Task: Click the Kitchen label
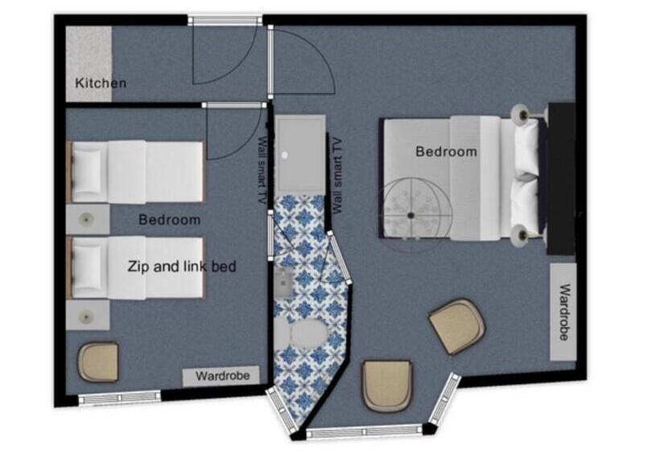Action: tap(101, 83)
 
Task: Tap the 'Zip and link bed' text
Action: tap(182, 267)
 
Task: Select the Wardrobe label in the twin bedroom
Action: tap(223, 375)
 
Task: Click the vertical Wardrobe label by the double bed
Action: tap(564, 312)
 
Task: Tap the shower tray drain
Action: tap(285, 155)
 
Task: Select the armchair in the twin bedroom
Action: tap(98, 362)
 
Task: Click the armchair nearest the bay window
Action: tap(387, 385)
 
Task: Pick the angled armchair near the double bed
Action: tap(457, 326)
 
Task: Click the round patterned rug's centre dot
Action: tap(410, 216)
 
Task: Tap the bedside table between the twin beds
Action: tap(88, 219)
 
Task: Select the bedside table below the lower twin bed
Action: tap(88, 315)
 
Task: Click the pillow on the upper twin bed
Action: tap(87, 172)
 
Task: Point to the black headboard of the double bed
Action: tap(562, 179)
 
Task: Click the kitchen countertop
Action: tap(89, 64)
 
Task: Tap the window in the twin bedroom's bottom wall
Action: tap(120, 398)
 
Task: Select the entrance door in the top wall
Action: tap(225, 20)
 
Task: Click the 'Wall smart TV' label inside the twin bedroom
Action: tap(262, 170)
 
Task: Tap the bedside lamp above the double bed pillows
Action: tap(520, 113)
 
